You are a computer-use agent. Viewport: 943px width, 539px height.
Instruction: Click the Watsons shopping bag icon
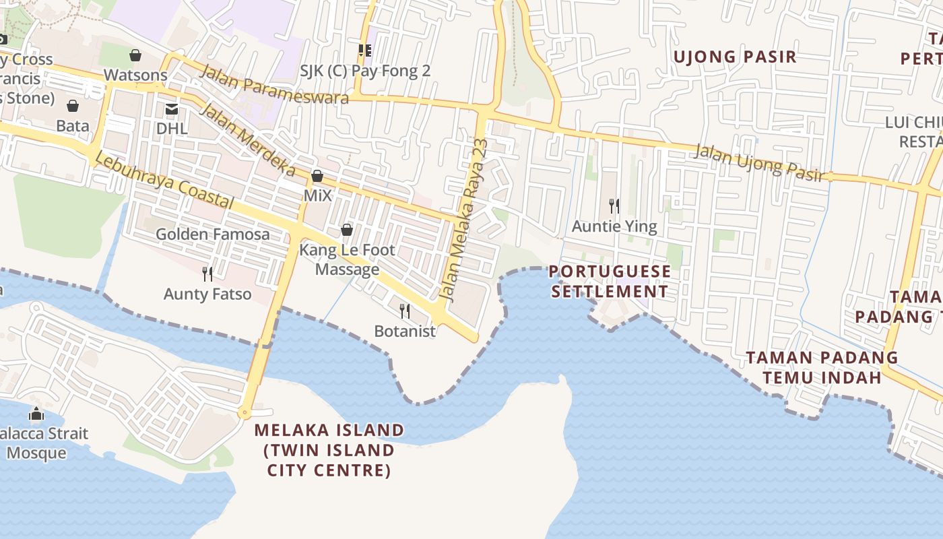pyautogui.click(x=135, y=55)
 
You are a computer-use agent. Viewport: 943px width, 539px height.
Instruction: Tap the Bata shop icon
pyautogui.click(x=73, y=106)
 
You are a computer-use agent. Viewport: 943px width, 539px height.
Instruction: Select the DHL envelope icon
pyautogui.click(x=172, y=108)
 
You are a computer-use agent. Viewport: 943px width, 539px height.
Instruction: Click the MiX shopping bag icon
pyautogui.click(x=317, y=177)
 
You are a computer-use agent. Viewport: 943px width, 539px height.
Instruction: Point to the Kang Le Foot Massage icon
pyautogui.click(x=347, y=230)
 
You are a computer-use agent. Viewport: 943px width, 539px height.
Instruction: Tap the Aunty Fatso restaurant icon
pyautogui.click(x=207, y=274)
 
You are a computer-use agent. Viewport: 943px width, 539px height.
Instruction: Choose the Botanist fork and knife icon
pyautogui.click(x=405, y=311)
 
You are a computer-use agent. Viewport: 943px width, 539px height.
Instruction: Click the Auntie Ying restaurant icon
pyautogui.click(x=614, y=205)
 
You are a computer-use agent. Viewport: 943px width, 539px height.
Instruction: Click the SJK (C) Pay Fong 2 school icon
pyautogui.click(x=365, y=50)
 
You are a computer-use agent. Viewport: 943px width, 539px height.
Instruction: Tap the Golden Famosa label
pyautogui.click(x=213, y=234)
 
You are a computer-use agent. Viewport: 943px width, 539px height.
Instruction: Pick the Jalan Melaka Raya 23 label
pyautogui.click(x=463, y=220)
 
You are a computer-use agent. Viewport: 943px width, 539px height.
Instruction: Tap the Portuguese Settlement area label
pyautogui.click(x=610, y=282)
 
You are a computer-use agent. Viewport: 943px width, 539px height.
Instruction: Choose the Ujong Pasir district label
pyautogui.click(x=735, y=57)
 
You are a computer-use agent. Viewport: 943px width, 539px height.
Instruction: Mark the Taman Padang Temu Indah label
pyautogui.click(x=822, y=367)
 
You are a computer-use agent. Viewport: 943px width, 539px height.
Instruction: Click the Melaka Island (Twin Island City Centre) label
pyautogui.click(x=329, y=449)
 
